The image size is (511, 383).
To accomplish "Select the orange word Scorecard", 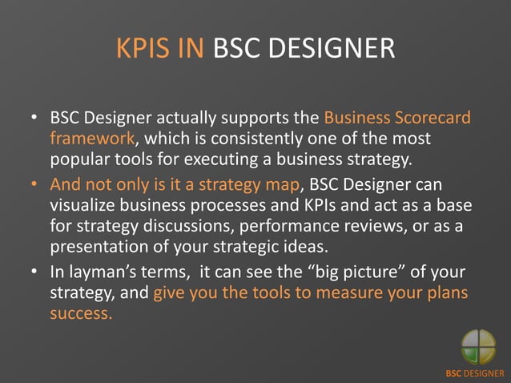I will click(432, 119).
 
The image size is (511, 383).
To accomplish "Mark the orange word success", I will click(81, 312).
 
